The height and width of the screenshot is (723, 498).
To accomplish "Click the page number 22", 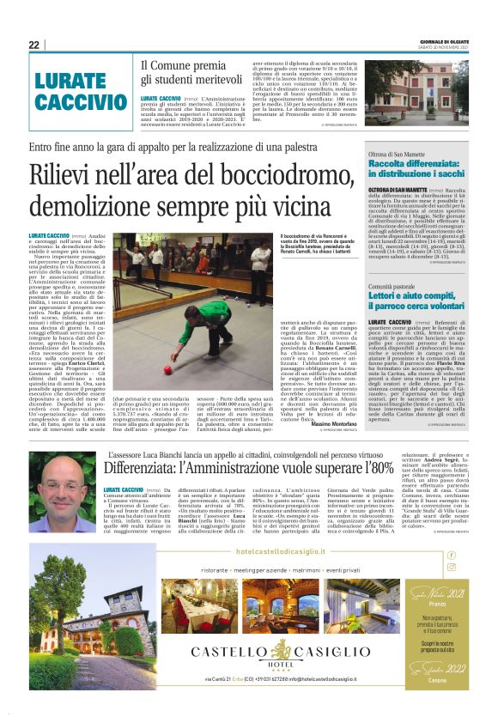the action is (33, 46).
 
